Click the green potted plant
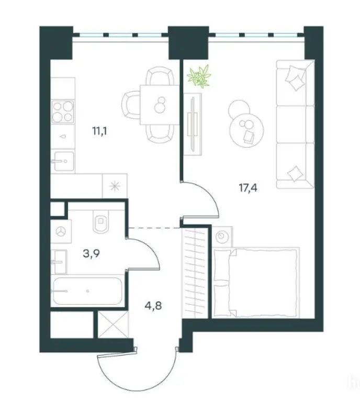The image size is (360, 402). point(200,76)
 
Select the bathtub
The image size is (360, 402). point(86,291)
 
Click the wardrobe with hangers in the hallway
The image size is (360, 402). point(195,270)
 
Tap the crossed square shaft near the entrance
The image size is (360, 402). point(111,325)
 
